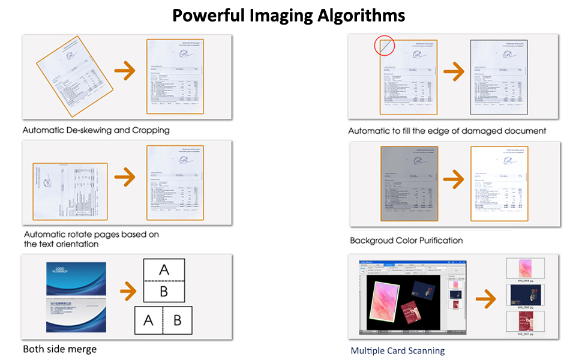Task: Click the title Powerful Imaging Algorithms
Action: pyautogui.click(x=289, y=14)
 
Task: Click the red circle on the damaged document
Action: pyautogui.click(x=384, y=46)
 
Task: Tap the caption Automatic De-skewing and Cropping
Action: pyautogui.click(x=96, y=130)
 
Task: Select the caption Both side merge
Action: pyautogui.click(x=59, y=349)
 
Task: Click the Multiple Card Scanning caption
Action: pyautogui.click(x=398, y=350)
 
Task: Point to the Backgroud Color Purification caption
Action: pyautogui.click(x=406, y=240)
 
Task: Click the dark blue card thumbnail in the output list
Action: pyautogui.click(x=525, y=295)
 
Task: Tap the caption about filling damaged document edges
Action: pyautogui.click(x=447, y=131)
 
